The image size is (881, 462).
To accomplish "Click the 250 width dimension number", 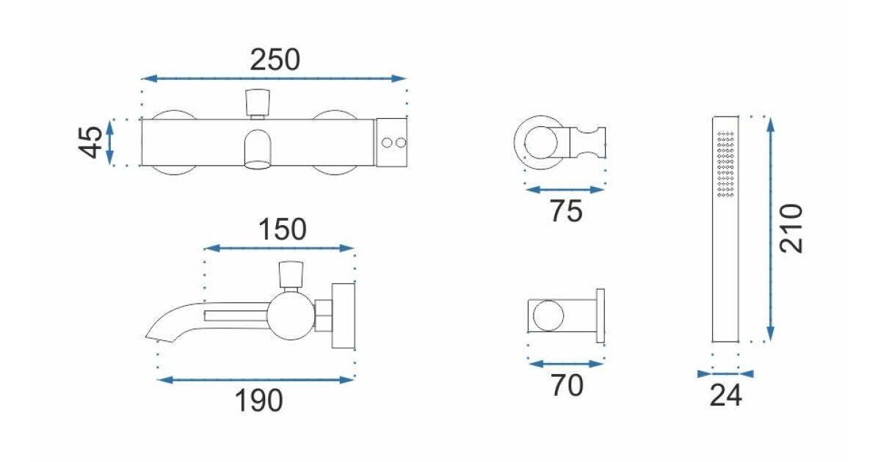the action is [275, 60].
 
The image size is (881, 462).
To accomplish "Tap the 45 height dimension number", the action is [90, 142].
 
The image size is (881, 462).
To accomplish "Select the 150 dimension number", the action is [283, 230].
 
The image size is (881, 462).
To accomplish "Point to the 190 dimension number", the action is [258, 400].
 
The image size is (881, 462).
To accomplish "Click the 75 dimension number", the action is [566, 211].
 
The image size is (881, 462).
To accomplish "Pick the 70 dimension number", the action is [567, 386].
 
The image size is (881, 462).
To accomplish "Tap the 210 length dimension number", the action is [791, 229].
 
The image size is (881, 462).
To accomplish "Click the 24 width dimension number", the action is [725, 395].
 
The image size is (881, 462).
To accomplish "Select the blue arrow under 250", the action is [273, 78].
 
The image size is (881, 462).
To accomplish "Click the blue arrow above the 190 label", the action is [255, 380].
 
